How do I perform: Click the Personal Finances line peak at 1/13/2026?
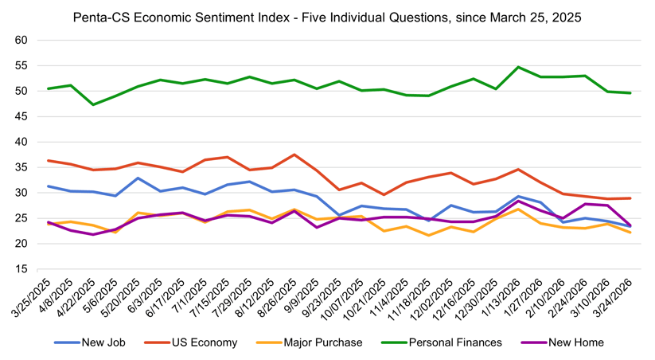(x=518, y=67)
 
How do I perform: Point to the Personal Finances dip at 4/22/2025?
(x=93, y=104)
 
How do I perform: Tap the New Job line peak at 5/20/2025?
(x=138, y=178)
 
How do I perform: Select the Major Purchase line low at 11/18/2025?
(x=429, y=235)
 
